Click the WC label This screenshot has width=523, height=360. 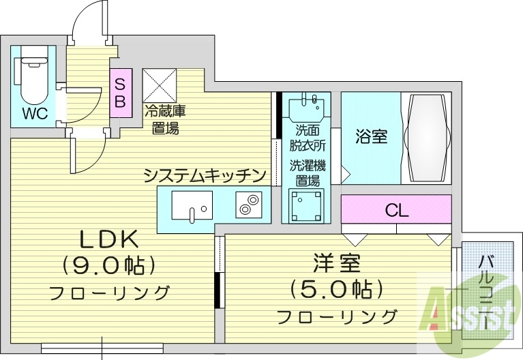coord(34,113)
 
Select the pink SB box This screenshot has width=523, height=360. coord(120,93)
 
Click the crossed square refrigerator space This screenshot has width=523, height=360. coord(160,85)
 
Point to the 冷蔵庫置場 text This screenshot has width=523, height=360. coord(165,119)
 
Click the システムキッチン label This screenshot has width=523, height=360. coord(204,175)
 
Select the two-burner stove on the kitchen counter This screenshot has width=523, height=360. coord(248,205)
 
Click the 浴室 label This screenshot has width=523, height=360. coord(372,136)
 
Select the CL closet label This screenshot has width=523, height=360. coord(396,211)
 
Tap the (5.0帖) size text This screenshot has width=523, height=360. coord(336,290)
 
